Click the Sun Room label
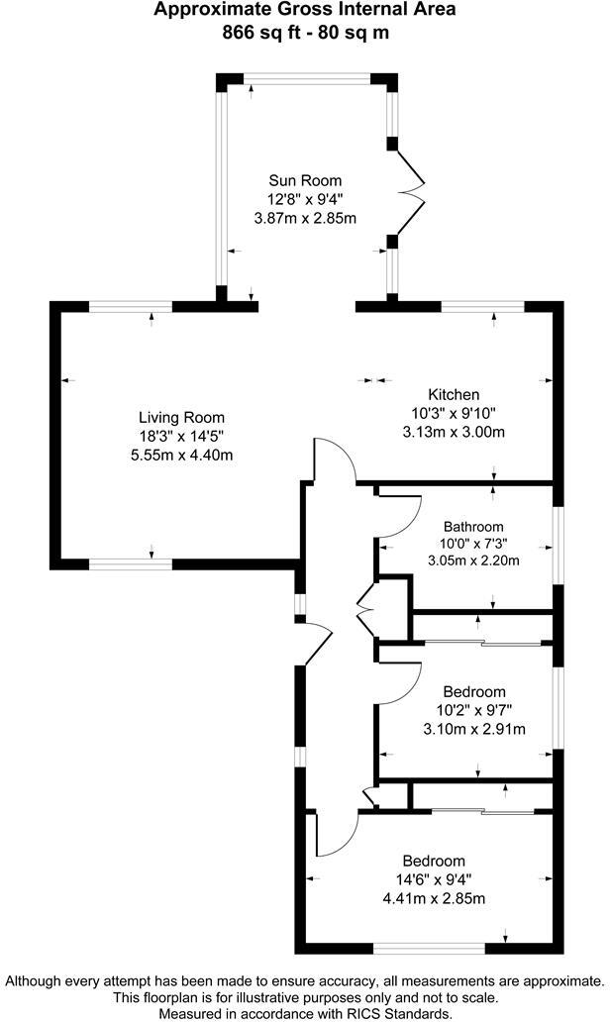click(305, 180)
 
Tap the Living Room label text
click(181, 417)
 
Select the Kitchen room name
click(454, 394)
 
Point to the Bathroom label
click(473, 526)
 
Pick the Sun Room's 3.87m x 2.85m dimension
click(305, 218)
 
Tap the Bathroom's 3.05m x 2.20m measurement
click(473, 561)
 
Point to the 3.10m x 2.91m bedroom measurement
click(474, 729)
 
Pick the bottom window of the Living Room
click(130, 564)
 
